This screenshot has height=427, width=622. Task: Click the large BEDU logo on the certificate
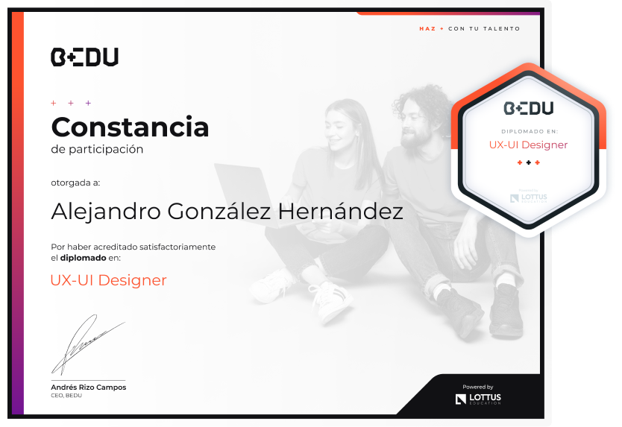click(84, 57)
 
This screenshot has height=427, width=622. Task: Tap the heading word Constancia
click(130, 127)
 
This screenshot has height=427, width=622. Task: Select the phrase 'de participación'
click(97, 150)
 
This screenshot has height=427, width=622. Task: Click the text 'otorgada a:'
click(75, 183)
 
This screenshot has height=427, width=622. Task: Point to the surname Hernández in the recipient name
click(340, 211)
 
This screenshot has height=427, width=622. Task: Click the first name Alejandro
click(106, 212)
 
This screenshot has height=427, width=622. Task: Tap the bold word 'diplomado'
click(84, 258)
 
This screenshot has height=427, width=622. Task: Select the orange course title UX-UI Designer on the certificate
click(109, 280)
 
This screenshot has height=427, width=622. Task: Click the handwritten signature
click(88, 345)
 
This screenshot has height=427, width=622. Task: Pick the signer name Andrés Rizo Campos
click(89, 387)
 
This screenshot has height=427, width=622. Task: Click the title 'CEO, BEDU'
click(66, 395)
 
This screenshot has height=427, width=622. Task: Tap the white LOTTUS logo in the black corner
click(478, 399)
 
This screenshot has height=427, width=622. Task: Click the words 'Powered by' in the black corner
click(478, 387)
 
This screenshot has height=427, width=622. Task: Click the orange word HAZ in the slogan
click(427, 28)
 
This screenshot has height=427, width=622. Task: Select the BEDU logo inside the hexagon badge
click(528, 108)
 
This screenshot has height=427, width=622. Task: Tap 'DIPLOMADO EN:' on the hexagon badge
click(530, 131)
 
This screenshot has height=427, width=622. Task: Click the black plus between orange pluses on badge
click(528, 162)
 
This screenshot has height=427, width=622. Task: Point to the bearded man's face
click(415, 124)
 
